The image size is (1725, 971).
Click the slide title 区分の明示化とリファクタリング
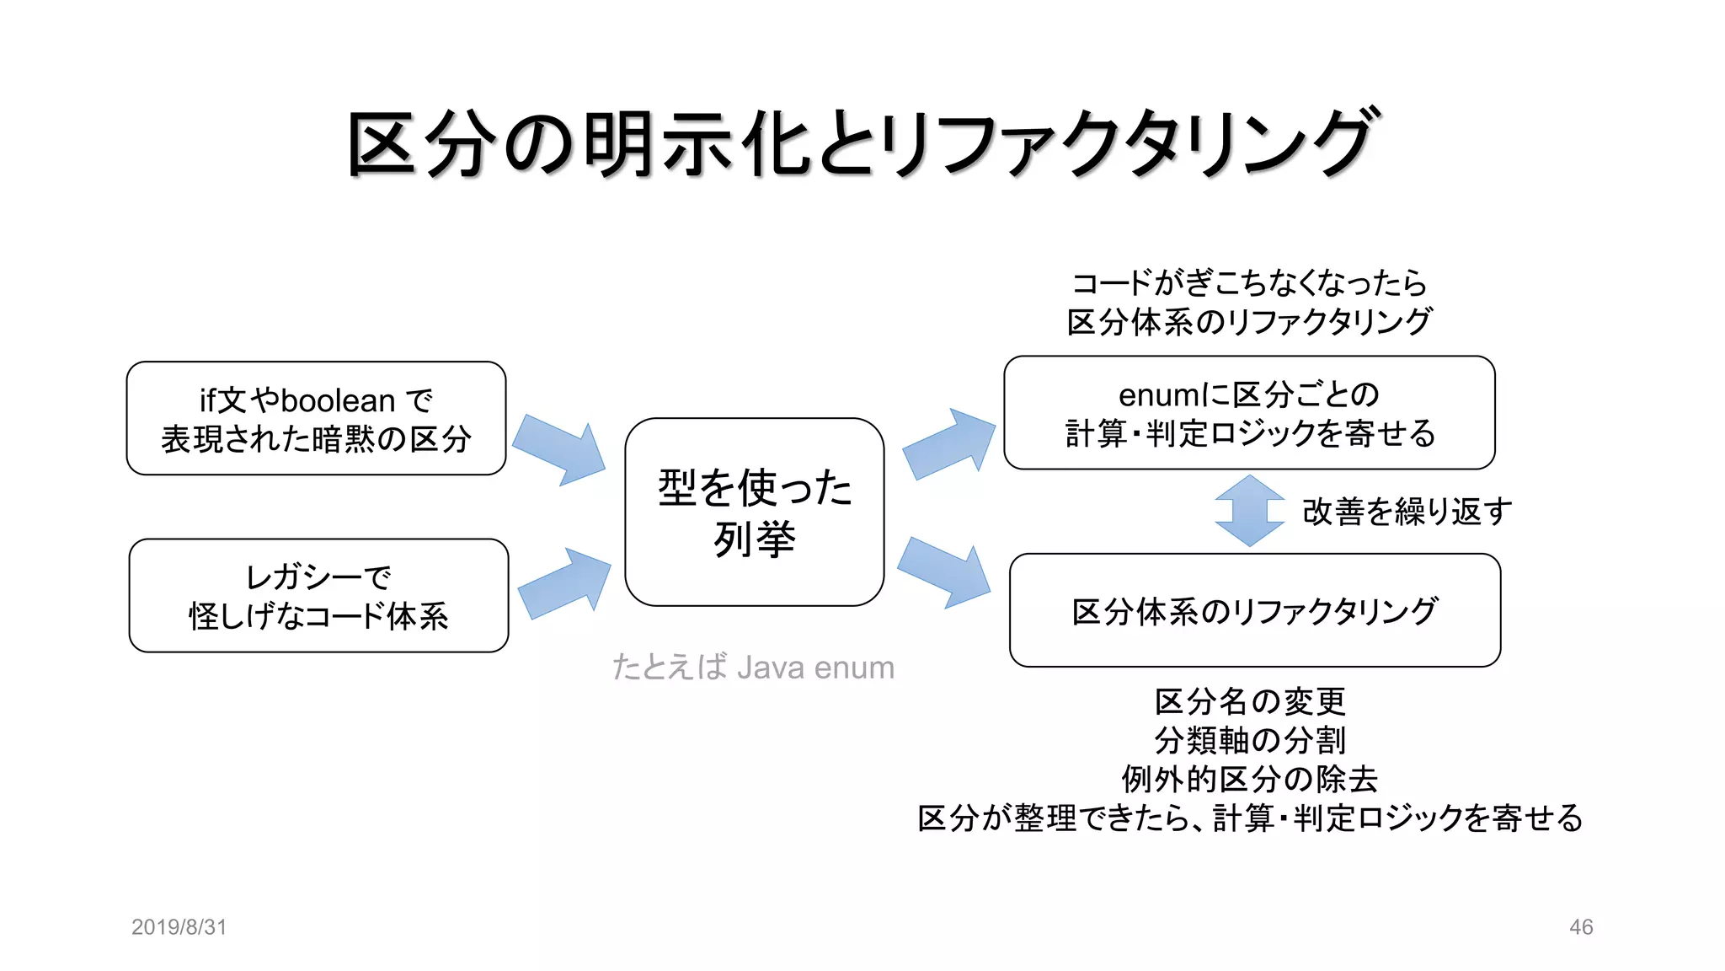point(862,143)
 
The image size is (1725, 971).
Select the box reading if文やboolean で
point(316,419)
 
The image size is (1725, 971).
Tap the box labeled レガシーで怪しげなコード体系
point(318,596)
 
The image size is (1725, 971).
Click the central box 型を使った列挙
point(754,512)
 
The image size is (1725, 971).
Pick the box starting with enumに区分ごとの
point(1249,413)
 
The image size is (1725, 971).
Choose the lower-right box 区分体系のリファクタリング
point(1254,610)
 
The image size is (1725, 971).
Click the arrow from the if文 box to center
point(559,449)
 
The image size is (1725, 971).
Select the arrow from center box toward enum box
point(948,444)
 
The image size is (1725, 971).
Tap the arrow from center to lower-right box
point(944,572)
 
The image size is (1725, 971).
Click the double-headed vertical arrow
point(1249,511)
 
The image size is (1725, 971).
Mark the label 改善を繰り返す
point(1407,512)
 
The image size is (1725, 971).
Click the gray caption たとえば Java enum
point(753,668)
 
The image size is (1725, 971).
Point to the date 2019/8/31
point(179,927)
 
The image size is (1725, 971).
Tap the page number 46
point(1581,927)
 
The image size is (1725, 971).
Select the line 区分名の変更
point(1250,701)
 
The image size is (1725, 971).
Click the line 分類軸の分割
point(1250,740)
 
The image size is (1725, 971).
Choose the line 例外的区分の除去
point(1250,779)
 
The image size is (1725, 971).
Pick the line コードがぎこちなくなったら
point(1250,283)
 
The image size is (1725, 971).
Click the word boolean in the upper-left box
point(338,400)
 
